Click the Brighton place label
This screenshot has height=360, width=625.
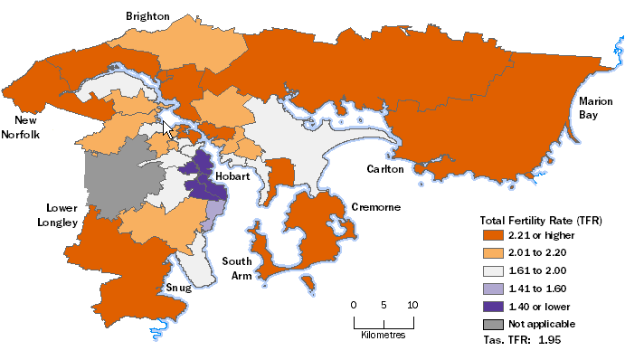tap(147, 15)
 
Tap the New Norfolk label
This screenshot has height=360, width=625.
tap(28, 128)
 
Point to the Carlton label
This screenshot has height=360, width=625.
tap(384, 169)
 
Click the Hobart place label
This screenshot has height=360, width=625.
tap(232, 177)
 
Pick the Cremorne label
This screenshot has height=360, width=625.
tap(375, 207)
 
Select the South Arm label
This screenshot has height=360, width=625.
tap(238, 269)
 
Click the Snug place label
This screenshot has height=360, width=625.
tap(177, 288)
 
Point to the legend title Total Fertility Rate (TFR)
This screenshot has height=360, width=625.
tap(540, 220)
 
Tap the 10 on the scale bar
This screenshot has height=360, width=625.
tap(413, 304)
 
